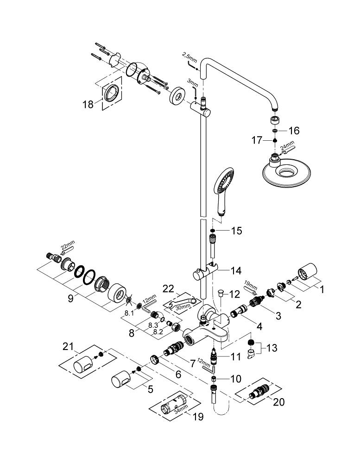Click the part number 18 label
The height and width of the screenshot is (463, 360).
pyautogui.click(x=88, y=104)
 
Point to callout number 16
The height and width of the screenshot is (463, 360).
pyautogui.click(x=294, y=130)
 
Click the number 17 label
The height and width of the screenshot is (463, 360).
pyautogui.click(x=257, y=140)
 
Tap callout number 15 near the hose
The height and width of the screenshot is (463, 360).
pyautogui.click(x=236, y=231)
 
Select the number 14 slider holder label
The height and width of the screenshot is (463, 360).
pyautogui.click(x=236, y=270)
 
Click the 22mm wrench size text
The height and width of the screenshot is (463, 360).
pyautogui.click(x=68, y=246)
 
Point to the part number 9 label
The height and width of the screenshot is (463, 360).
pyautogui.click(x=70, y=299)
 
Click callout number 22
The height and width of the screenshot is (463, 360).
pyautogui.click(x=169, y=288)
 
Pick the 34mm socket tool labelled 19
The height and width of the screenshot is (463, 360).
pyautogui.click(x=175, y=407)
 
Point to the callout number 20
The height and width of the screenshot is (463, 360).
pyautogui.click(x=278, y=402)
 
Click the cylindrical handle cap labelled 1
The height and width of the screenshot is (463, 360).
pyautogui.click(x=307, y=271)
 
